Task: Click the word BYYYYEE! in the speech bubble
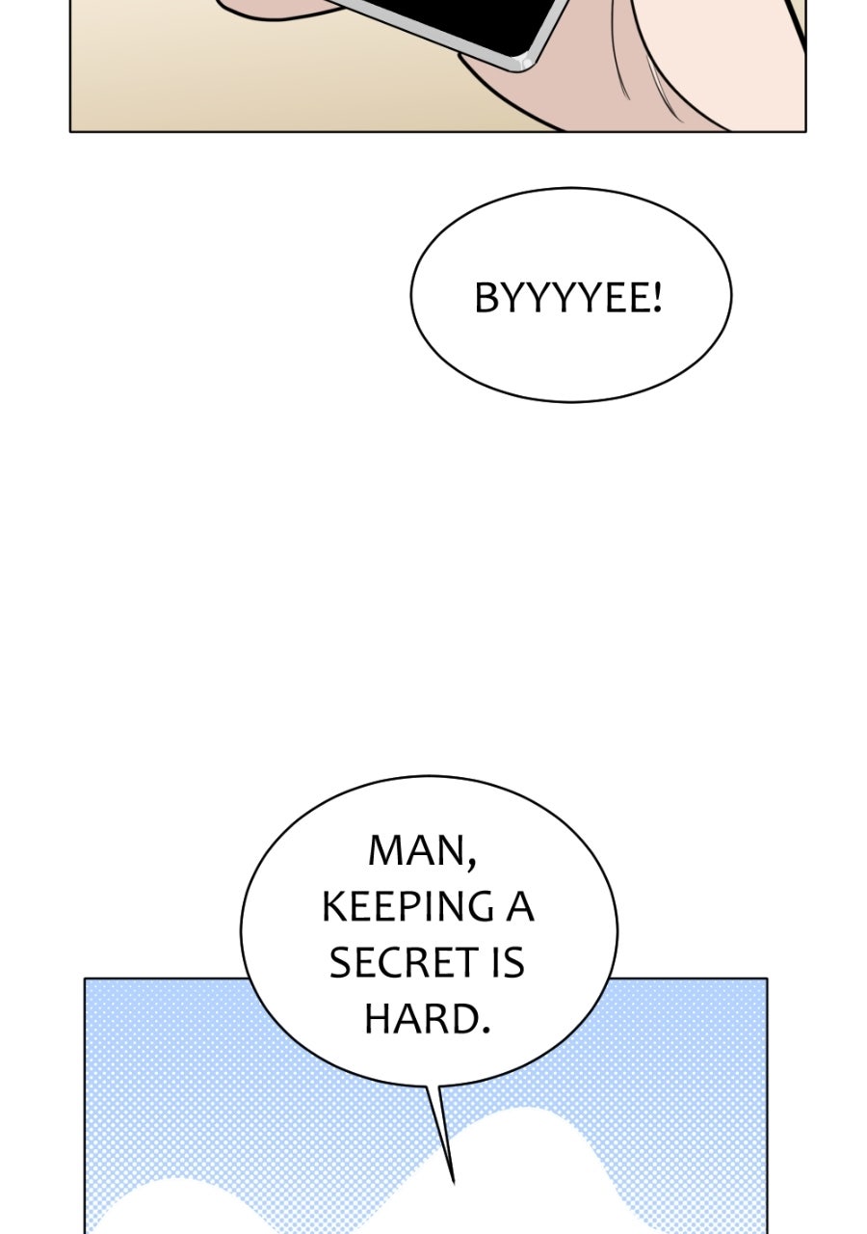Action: click(x=567, y=298)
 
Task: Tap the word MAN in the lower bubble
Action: click(x=417, y=850)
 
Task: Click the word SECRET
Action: click(x=403, y=962)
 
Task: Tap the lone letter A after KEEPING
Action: click(x=520, y=907)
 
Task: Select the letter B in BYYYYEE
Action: click(x=486, y=298)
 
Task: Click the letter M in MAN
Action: click(x=383, y=850)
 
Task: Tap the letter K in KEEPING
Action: click(x=333, y=907)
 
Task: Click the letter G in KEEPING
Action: click(x=481, y=907)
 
